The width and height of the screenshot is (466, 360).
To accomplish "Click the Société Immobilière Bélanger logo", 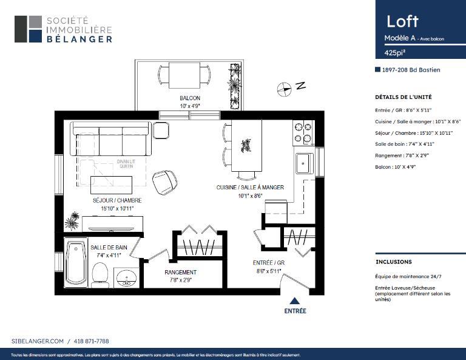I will (64, 29).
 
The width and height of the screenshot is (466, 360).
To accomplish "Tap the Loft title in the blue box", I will (402, 21).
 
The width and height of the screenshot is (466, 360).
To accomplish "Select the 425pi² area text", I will (394, 53).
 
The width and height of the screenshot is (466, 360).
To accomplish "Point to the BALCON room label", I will (189, 98).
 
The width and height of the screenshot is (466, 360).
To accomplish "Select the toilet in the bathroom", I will (100, 275).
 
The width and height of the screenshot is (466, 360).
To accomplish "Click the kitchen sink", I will (303, 163).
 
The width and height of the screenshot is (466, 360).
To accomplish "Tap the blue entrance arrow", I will (295, 301).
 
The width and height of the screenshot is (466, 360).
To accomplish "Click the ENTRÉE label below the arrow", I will (295, 311).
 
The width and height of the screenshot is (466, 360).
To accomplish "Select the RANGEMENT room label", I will (180, 273).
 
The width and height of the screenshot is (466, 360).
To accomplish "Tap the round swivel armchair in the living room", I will (164, 182).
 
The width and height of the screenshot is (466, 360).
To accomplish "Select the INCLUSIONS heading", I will (394, 262).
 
